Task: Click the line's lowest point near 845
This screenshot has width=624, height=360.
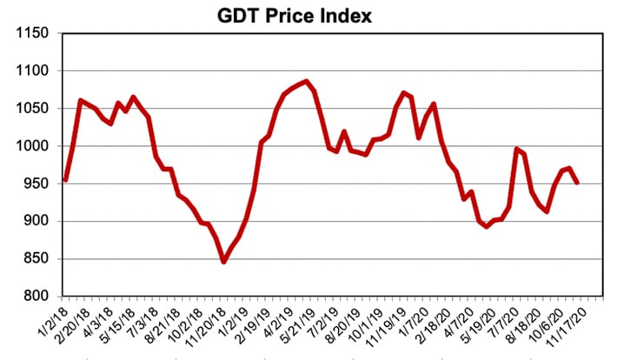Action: coord(223,262)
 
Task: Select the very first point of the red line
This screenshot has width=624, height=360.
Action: coord(65,180)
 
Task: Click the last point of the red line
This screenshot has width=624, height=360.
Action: coord(576,183)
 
